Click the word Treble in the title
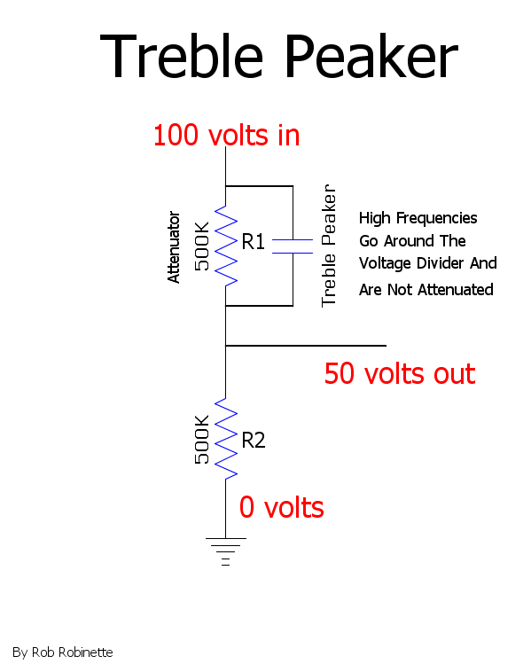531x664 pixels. point(182,56)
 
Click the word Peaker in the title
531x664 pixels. point(371,56)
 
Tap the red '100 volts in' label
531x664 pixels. point(227,135)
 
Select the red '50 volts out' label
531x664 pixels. point(400,373)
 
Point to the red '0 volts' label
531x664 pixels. point(282,507)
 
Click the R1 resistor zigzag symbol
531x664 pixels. point(226,246)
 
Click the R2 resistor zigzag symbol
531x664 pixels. point(226,439)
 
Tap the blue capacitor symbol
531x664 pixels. point(293,246)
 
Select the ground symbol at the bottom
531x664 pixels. point(226,551)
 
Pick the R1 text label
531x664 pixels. point(254,242)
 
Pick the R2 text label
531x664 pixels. point(254,441)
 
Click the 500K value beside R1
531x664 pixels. point(202,246)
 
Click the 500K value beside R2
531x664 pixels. point(202,440)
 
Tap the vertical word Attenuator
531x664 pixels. point(174,246)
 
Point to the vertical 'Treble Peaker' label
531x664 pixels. point(329,246)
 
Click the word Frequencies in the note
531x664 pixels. point(436,218)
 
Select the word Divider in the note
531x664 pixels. point(438,263)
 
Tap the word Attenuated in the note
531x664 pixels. point(456,290)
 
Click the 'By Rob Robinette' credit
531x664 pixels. point(63,652)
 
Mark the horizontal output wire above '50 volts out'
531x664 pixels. point(306,346)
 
